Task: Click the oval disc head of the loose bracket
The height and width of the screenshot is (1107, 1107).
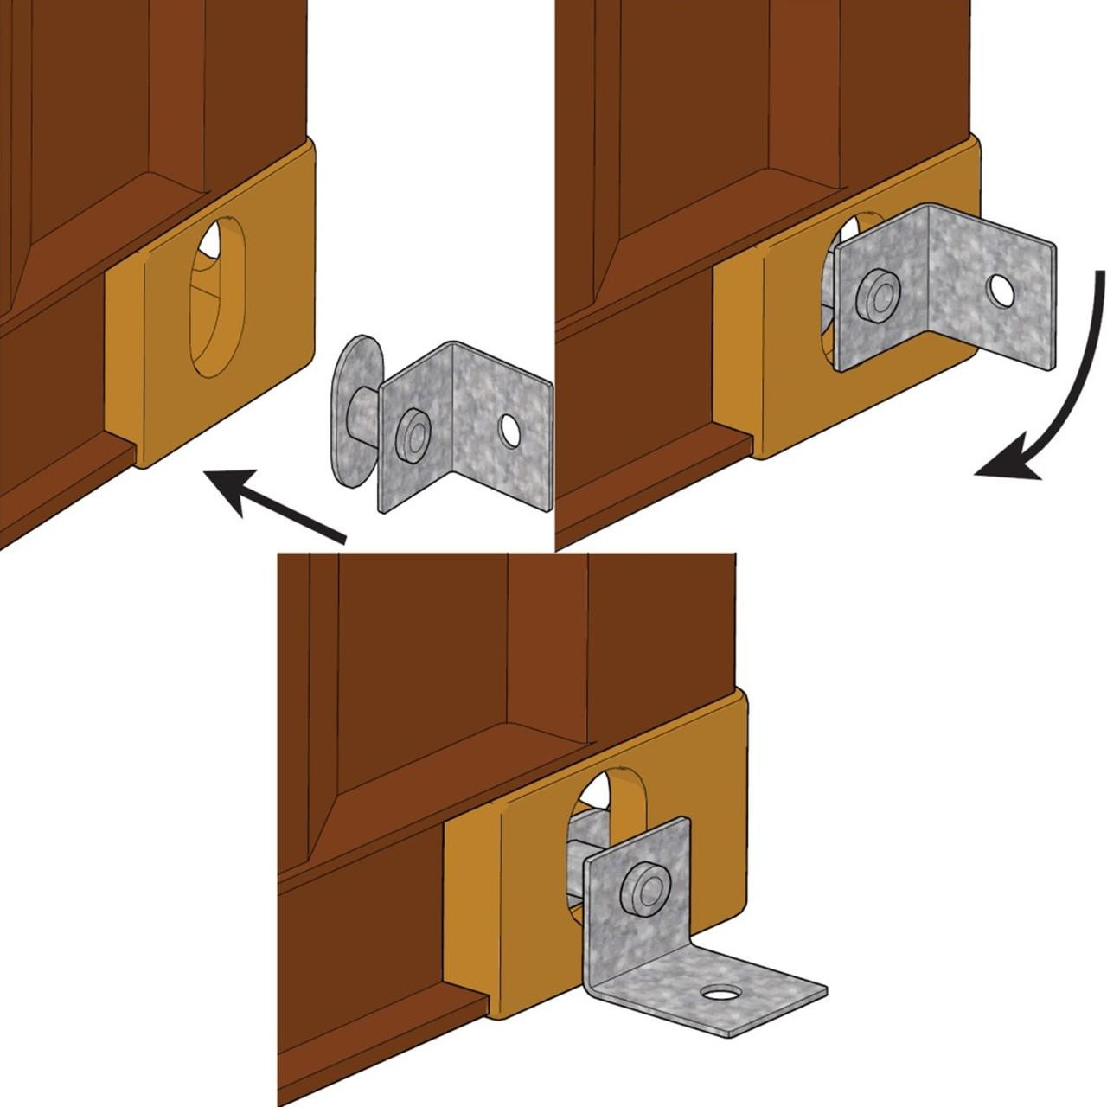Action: (355, 389)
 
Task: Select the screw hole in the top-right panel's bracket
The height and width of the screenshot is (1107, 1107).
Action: (1001, 291)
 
